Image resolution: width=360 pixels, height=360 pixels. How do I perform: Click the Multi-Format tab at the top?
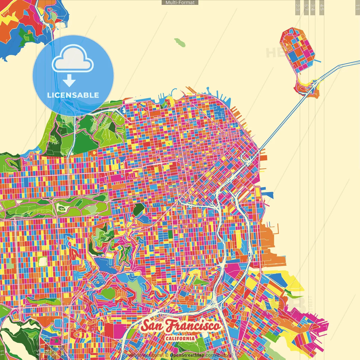(x=180, y=3)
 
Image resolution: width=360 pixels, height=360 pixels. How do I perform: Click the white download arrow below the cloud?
(x=69, y=81)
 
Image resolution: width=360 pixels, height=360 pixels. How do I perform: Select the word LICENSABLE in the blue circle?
(x=73, y=95)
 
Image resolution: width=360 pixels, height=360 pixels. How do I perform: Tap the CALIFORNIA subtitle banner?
(x=180, y=338)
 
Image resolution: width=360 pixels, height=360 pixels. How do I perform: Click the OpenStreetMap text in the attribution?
(x=187, y=355)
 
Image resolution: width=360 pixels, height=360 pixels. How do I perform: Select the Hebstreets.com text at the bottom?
(x=145, y=355)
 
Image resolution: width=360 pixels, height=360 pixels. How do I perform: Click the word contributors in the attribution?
(x=218, y=355)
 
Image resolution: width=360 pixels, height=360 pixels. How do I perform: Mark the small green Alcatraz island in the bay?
(x=180, y=42)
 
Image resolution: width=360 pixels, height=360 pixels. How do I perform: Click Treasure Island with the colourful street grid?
(x=298, y=49)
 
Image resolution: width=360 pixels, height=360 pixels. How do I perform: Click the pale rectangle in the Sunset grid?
(x=42, y=262)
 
